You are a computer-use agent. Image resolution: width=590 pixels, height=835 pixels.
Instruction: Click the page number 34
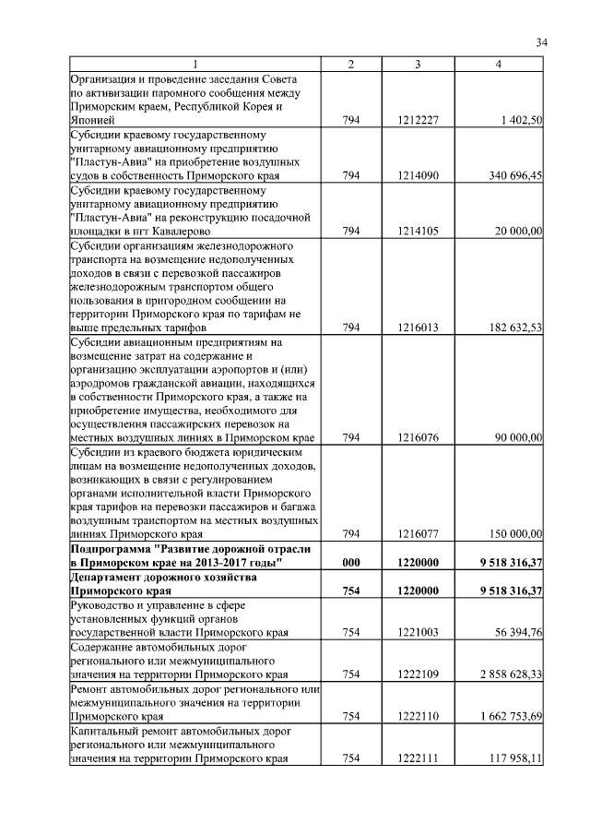pyautogui.click(x=542, y=42)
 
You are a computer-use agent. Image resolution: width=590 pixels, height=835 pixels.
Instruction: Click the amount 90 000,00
pyautogui.click(x=518, y=437)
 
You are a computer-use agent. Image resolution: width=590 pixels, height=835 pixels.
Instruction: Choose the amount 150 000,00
pyautogui.click(x=515, y=533)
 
